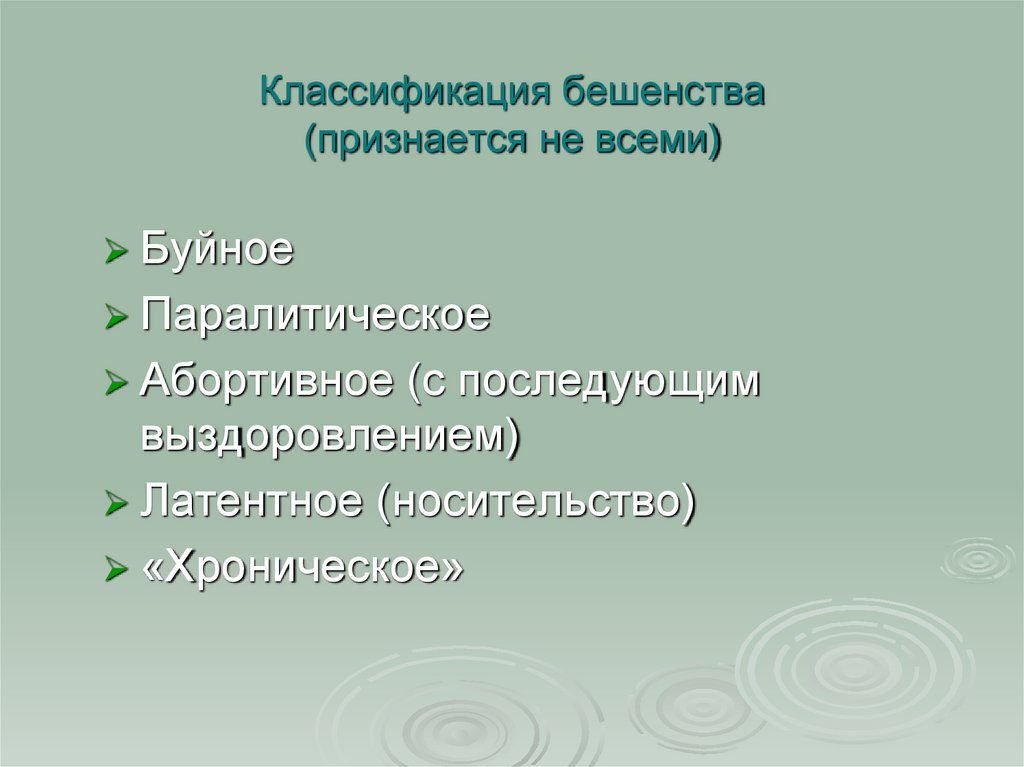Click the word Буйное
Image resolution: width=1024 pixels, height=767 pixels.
pyautogui.click(x=217, y=250)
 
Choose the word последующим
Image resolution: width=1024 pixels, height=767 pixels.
pyautogui.click(x=591, y=384)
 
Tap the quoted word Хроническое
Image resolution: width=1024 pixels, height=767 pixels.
pyautogui.click(x=302, y=568)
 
